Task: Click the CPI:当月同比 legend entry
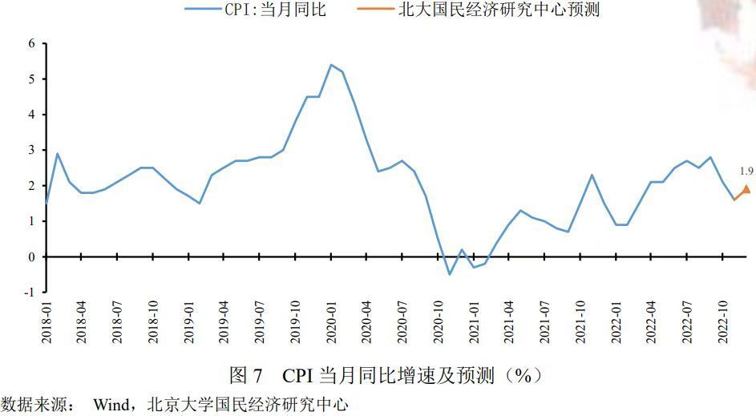255,9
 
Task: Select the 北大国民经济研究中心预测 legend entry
479,9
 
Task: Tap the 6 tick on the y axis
32,43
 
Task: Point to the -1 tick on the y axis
30,292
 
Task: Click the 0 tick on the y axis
32,257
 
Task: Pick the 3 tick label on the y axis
32,150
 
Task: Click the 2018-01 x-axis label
46,322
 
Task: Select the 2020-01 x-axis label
331,322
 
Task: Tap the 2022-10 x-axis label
723,322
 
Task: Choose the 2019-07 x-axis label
260,322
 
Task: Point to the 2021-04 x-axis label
509,322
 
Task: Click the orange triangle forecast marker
747,188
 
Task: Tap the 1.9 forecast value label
746,171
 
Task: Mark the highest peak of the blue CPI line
331,65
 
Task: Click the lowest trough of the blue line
450,274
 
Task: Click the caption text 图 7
245,375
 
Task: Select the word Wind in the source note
112,405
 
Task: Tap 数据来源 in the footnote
34,405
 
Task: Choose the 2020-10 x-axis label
439,322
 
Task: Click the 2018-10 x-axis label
153,322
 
